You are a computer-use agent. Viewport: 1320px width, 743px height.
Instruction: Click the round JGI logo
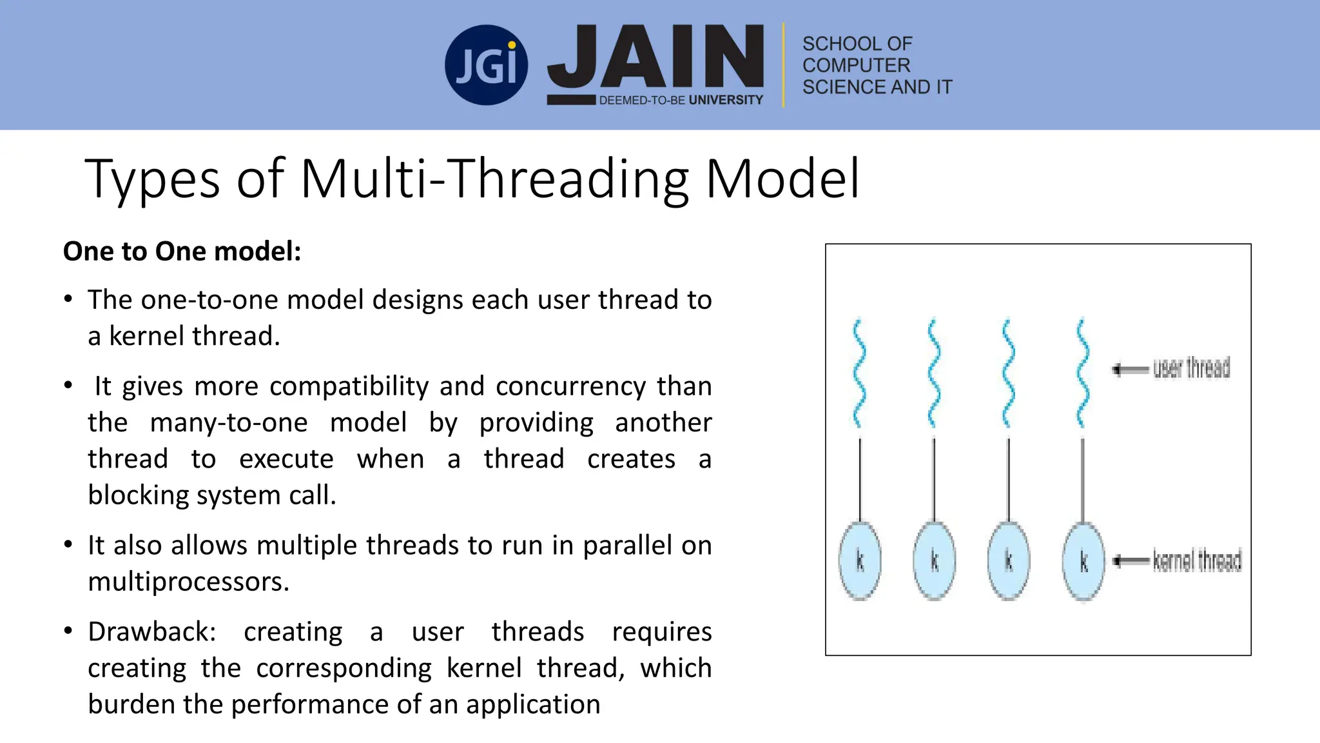[x=486, y=65]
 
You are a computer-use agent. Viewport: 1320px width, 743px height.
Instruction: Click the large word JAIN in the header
[x=656, y=58]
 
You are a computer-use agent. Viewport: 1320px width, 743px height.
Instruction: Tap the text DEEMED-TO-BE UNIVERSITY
[x=681, y=100]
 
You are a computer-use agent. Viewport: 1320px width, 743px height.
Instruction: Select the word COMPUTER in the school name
[x=856, y=65]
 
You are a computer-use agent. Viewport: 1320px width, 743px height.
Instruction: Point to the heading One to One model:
[x=182, y=251]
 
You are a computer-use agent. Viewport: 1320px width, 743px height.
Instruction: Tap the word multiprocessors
[x=188, y=582]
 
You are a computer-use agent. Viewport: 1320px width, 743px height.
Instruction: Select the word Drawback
[x=149, y=631]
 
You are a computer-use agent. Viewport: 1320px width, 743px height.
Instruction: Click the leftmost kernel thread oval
[x=860, y=561]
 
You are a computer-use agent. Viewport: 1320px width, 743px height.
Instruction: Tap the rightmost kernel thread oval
[x=1083, y=561]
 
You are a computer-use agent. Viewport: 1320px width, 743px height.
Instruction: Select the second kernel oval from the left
[x=934, y=561]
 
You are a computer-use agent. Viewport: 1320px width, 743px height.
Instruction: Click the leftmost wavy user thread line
[x=859, y=373]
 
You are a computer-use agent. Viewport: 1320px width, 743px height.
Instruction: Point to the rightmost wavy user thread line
[x=1083, y=373]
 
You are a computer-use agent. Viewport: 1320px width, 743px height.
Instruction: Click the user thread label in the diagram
[x=1191, y=368]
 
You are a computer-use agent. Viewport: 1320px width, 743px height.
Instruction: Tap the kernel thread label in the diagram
[x=1197, y=560]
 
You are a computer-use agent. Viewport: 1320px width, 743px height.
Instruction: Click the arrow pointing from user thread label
[x=1131, y=370]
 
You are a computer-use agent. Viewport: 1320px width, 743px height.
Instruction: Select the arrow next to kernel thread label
[x=1131, y=560]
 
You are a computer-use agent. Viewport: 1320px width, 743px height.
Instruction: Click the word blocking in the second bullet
[x=139, y=495]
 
